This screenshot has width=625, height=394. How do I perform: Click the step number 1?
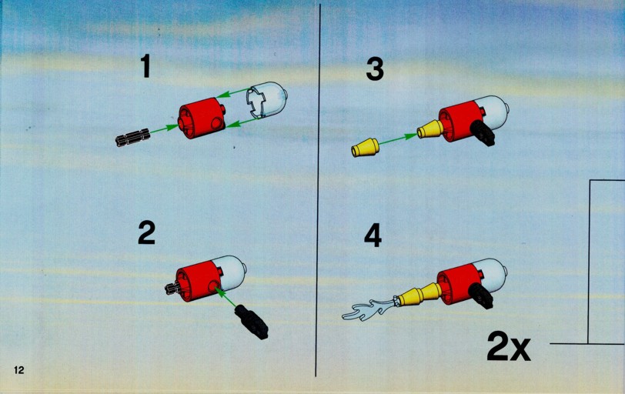pos(146,66)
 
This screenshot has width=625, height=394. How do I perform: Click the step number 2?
pos(146,233)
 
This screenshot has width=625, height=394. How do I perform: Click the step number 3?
pos(375,68)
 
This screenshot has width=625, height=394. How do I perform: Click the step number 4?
pos(373,235)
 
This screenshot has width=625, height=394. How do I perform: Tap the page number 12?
pos(19,370)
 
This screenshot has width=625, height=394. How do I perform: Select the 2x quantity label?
pos(509,348)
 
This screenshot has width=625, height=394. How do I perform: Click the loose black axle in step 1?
pos(132,137)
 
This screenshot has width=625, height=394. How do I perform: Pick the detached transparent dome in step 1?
pos(266,99)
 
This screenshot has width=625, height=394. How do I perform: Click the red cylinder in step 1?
pos(202,118)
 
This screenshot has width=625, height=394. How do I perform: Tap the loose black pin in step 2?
pos(252,322)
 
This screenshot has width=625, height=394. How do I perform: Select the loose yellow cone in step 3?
pos(365,148)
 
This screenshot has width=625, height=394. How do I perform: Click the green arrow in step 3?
pos(398,139)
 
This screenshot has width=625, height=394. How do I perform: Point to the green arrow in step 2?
pos(226,296)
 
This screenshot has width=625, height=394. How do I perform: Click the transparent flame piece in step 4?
pos(369,310)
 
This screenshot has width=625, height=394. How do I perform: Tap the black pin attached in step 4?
pos(481,295)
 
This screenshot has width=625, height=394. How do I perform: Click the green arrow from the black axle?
pos(163,129)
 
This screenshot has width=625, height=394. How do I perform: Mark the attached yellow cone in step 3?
pos(430,129)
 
